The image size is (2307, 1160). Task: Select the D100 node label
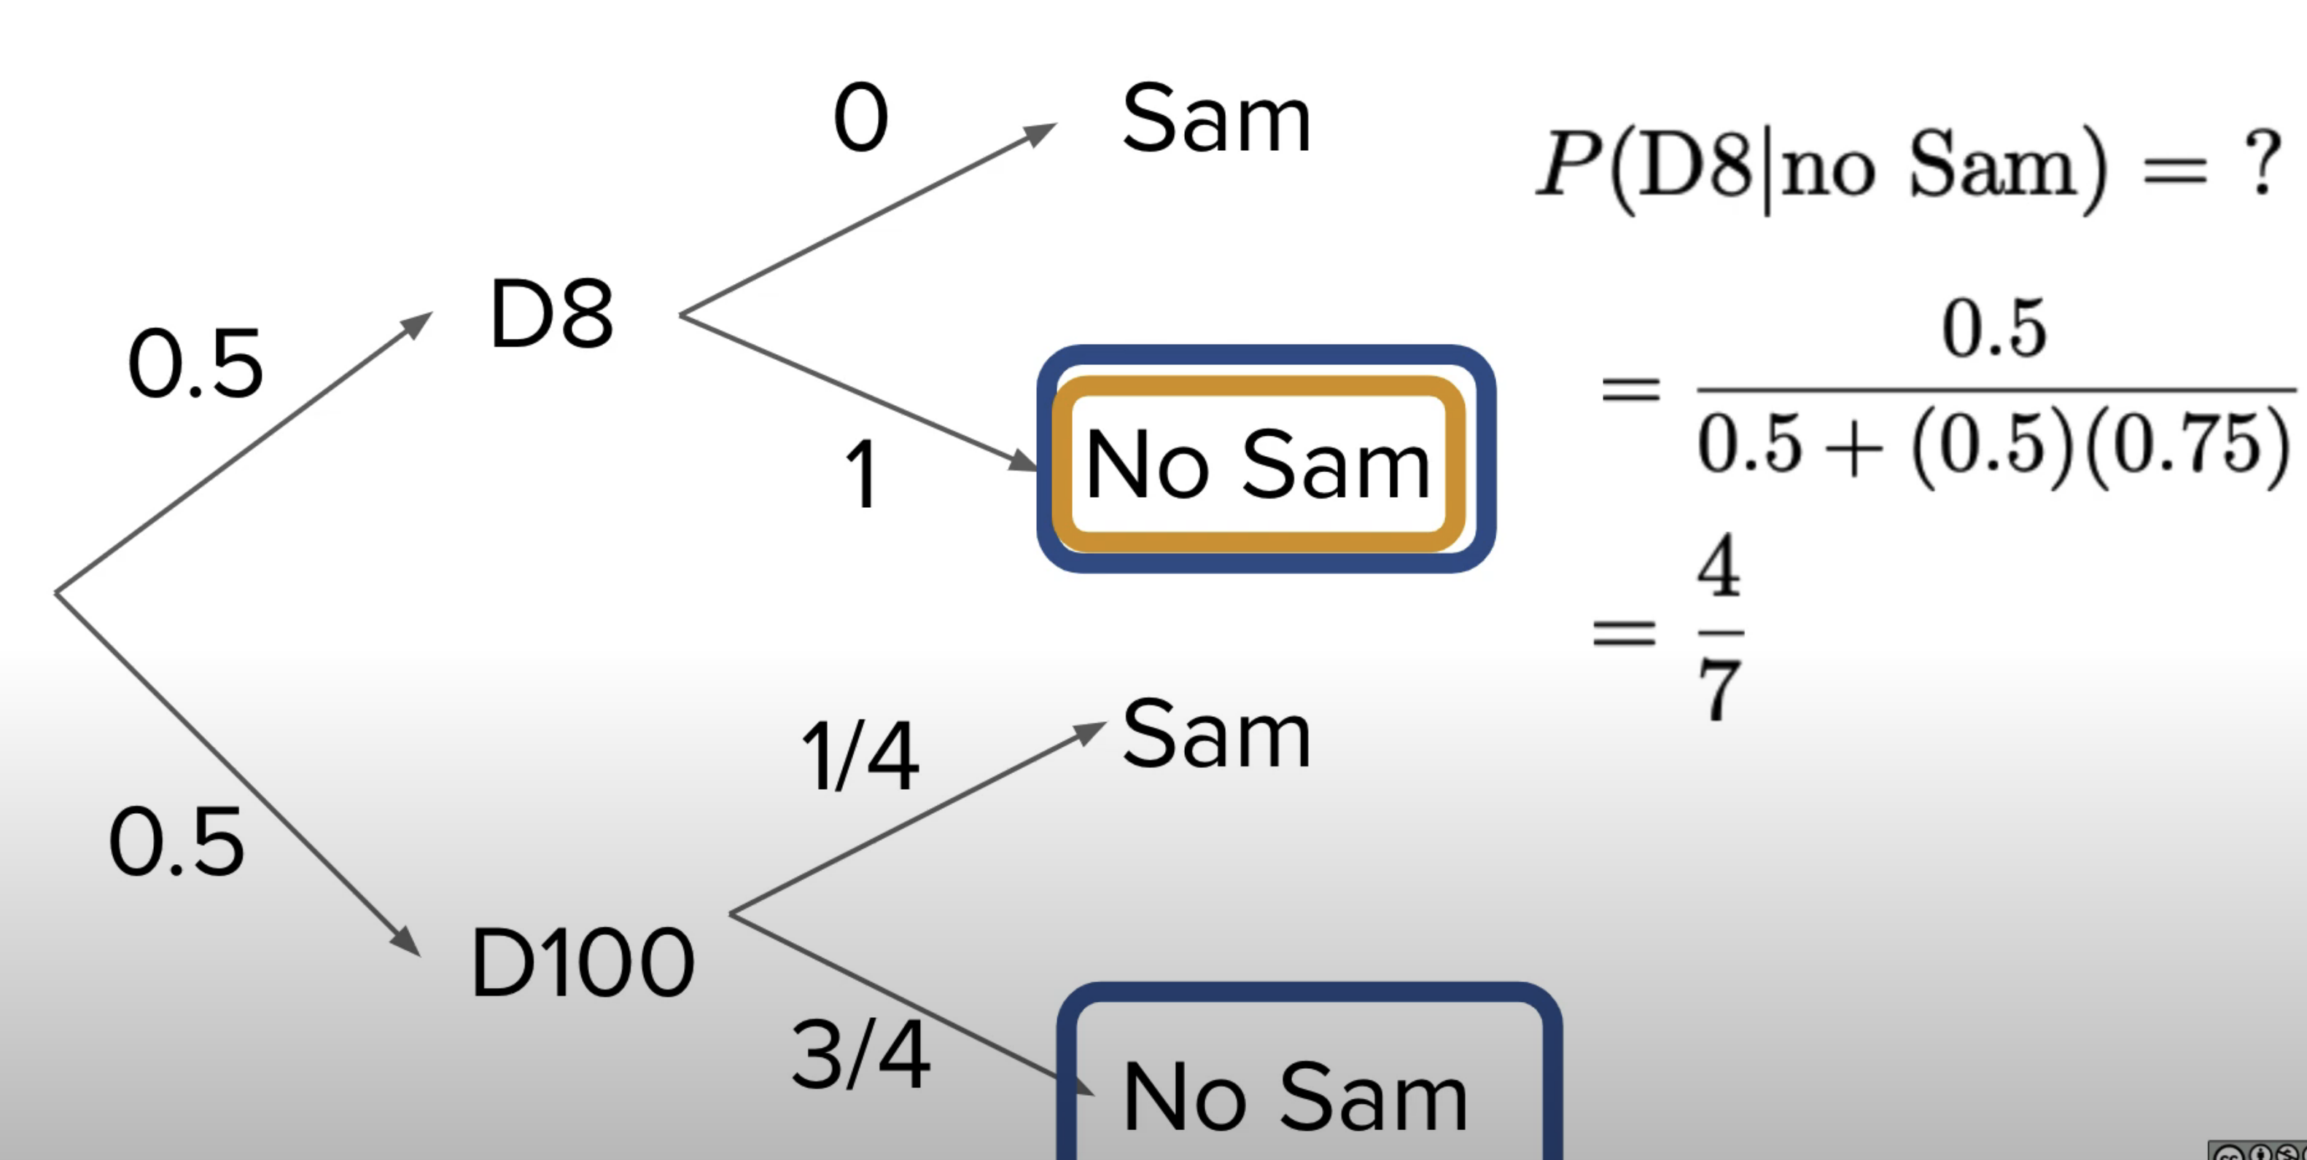pos(582,963)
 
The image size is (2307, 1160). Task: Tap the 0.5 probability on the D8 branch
pos(195,364)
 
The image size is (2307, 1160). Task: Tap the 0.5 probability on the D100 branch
pos(176,842)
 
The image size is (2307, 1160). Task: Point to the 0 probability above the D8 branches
pos(860,118)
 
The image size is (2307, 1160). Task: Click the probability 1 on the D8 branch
pos(862,474)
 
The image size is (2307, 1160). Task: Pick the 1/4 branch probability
pos(860,757)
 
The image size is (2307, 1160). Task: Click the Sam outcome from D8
pos(1216,119)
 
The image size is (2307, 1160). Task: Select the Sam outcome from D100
pos(1216,735)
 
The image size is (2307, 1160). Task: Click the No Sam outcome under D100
pos(1295,1097)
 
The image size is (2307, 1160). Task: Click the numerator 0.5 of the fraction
pos(1994,329)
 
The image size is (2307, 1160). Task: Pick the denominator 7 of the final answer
pos(1719,689)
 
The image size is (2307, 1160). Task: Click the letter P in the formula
pos(1569,163)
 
